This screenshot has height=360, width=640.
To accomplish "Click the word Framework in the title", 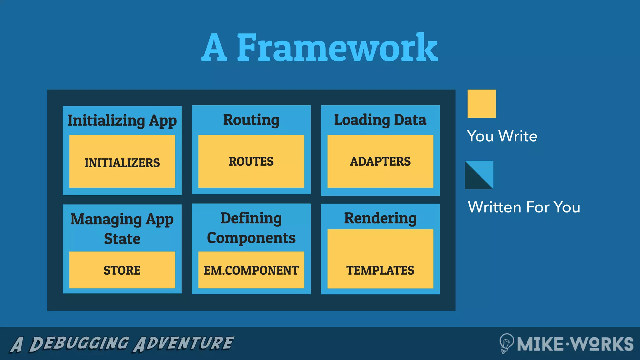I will [x=337, y=48].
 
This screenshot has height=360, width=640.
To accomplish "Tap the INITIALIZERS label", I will [x=122, y=163].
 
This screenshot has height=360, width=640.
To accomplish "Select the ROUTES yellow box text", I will [x=251, y=162].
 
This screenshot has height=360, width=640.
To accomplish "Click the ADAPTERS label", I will [x=380, y=162].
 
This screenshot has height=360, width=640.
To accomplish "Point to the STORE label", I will [x=122, y=270].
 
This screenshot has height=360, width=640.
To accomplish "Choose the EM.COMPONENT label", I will [x=251, y=270].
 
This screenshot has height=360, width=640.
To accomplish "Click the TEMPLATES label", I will [x=380, y=270].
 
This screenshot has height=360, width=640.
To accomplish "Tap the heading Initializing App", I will [x=122, y=121].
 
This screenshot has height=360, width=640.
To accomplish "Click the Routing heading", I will [x=251, y=120].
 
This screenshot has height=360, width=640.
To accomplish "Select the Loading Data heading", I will [x=380, y=120].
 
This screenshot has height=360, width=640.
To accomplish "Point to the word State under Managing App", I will [x=122, y=239].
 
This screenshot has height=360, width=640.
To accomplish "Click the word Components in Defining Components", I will [x=251, y=238].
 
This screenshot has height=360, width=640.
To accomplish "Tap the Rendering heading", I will [x=380, y=218].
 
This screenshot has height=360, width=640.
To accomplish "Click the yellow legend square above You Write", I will [x=482, y=104].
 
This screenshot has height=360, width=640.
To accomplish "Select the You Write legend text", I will [x=502, y=136].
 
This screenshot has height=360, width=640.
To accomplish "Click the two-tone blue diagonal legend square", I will [x=479, y=175].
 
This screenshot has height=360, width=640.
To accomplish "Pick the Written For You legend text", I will [x=524, y=207].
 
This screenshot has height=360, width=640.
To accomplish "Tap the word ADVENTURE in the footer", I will [x=184, y=343].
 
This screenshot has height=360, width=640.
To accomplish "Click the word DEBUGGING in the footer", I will [x=79, y=343].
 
